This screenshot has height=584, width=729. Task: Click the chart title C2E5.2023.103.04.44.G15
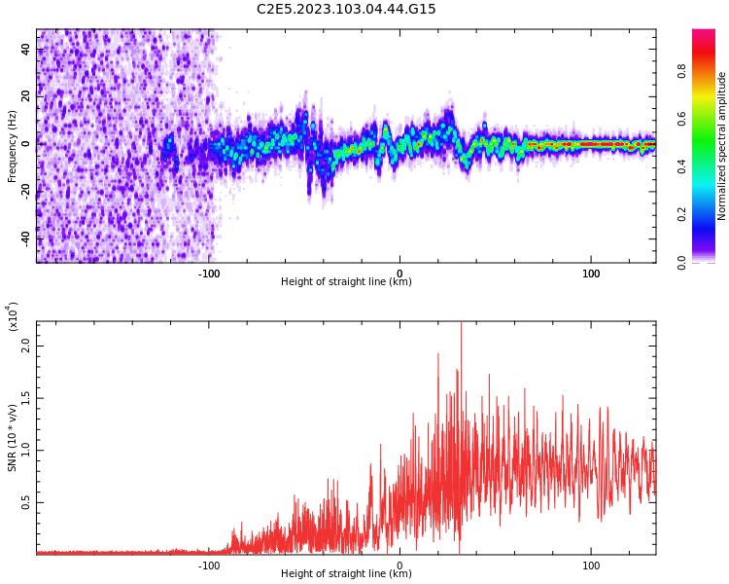(346, 9)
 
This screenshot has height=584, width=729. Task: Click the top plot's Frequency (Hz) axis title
(12, 146)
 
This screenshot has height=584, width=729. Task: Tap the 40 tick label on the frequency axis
(26, 49)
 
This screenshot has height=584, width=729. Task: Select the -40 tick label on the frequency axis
(26, 237)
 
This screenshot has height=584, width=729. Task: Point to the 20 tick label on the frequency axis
(26, 96)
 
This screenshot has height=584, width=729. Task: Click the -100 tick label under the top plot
(209, 274)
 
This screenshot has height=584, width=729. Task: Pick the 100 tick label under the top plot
(591, 274)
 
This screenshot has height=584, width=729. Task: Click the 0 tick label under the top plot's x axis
(399, 274)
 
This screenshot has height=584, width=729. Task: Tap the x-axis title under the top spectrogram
(346, 282)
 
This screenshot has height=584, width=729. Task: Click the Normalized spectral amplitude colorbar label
(722, 146)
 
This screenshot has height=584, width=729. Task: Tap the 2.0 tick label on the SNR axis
(26, 346)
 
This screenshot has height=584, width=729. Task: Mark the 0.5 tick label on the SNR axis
(26, 502)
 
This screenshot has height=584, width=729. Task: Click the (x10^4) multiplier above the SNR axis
(12, 316)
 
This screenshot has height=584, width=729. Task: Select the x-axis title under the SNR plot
(346, 574)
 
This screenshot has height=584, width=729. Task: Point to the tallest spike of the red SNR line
(461, 325)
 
